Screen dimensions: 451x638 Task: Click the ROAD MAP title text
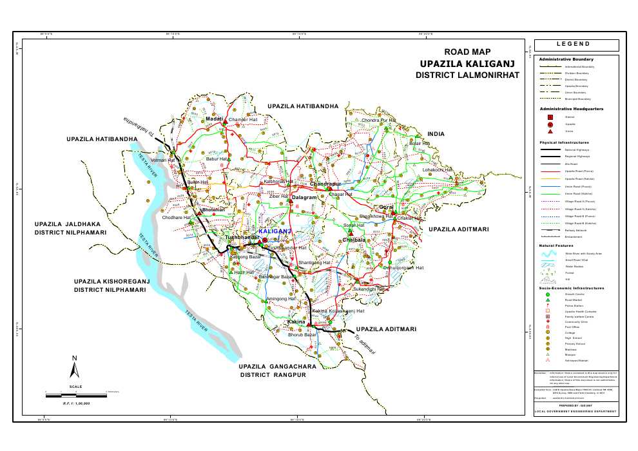click(467, 52)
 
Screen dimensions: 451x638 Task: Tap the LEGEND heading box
click(576, 44)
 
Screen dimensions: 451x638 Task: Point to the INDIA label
click(436, 134)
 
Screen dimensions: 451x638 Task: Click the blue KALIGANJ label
click(275, 231)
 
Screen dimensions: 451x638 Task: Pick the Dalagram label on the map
click(305, 197)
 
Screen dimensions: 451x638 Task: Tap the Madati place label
click(214, 119)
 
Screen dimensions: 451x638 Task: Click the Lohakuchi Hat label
click(438, 169)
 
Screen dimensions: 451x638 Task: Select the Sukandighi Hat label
click(370, 289)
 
